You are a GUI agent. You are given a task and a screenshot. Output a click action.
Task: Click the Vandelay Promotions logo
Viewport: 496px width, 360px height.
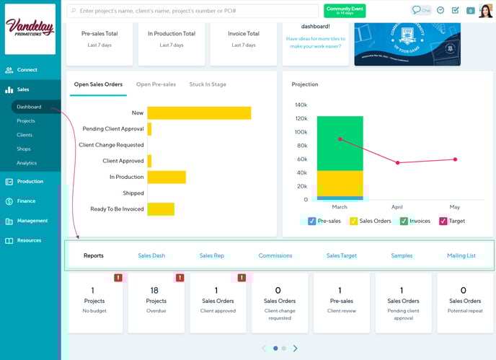pos(30,28)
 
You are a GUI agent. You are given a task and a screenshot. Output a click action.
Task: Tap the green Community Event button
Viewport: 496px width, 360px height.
pos(345,11)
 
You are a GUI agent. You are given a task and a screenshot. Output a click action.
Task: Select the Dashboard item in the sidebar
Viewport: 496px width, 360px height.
pos(29,107)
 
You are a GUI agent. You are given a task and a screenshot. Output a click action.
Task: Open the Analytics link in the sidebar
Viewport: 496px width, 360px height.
pos(27,163)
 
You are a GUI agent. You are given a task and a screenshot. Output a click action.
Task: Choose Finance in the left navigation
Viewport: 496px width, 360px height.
pos(26,201)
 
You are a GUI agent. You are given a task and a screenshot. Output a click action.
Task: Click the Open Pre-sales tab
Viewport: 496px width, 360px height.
pos(156,84)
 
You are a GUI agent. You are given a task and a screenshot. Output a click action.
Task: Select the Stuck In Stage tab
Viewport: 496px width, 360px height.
pos(208,84)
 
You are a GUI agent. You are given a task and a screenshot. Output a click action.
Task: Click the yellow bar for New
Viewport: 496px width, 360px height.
pos(199,113)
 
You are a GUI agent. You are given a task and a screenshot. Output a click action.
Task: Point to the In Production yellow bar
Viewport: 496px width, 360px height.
pos(167,177)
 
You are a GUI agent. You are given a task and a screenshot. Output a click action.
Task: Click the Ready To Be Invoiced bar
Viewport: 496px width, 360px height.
pos(161,209)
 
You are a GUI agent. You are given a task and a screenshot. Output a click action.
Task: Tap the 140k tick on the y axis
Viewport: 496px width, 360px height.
pos(301,105)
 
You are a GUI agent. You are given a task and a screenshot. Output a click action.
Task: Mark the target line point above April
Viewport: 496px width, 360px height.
pos(397,163)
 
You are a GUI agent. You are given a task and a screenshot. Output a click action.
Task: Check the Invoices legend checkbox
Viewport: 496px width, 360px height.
pos(404,221)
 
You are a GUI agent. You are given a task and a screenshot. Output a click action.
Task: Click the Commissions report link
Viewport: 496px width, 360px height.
pos(275,255)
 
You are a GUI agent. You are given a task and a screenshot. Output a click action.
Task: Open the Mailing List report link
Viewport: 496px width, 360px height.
pos(461,255)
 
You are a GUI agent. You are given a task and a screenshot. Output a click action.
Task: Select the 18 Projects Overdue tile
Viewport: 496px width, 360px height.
pos(156,301)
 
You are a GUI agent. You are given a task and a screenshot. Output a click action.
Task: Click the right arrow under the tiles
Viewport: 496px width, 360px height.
pos(295,348)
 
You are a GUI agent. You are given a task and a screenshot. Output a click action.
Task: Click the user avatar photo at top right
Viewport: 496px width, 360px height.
pos(485,11)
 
